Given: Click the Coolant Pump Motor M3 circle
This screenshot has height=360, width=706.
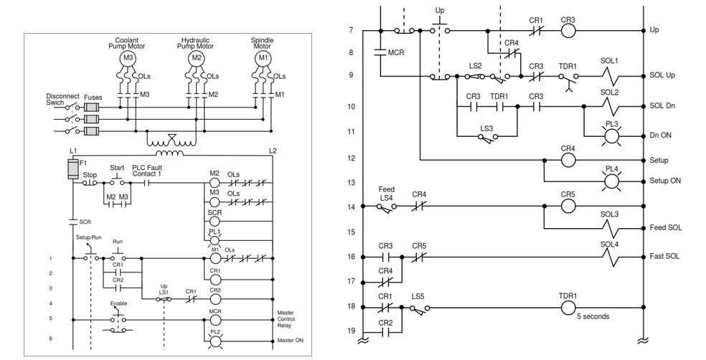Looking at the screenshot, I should pos(128,57).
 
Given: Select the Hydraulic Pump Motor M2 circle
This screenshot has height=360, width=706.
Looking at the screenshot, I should pos(195,57).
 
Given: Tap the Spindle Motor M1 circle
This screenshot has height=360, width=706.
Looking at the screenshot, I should pos(263,57).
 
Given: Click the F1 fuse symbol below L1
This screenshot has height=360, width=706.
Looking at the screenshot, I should pos(72,169).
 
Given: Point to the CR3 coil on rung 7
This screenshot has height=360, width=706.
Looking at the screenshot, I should pos(568,31).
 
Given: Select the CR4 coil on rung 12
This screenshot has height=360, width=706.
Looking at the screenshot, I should pos(568,160).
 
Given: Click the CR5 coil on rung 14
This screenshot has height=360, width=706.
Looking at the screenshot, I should pos(568,207).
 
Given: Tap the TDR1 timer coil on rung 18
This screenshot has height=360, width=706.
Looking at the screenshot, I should pos(568,306).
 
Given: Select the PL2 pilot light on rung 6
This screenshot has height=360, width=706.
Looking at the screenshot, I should pos(215,339).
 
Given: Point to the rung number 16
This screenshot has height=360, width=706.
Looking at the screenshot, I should pos(351,256).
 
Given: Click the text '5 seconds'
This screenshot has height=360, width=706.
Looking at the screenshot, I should pos(593,317).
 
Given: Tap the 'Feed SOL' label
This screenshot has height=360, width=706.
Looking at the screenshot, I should pos(665,228).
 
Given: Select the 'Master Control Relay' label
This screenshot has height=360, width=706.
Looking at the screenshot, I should pos(290,318).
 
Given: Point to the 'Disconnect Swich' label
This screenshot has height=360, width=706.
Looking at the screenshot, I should pos(62,99).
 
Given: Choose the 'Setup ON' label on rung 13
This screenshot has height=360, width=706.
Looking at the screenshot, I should pos(665,181).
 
